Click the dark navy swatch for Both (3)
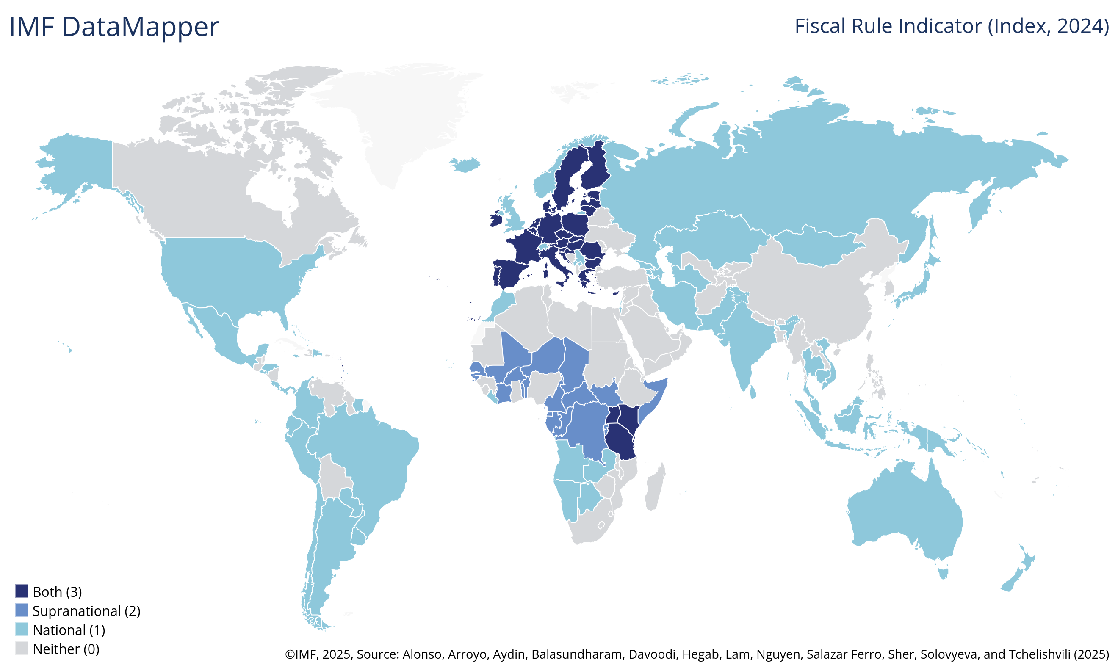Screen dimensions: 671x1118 click(21, 591)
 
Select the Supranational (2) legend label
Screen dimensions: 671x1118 click(86, 611)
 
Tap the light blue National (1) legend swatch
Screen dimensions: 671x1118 click(21, 630)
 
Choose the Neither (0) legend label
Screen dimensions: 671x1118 click(66, 649)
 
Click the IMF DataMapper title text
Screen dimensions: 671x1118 click(114, 26)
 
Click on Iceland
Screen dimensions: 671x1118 click(465, 165)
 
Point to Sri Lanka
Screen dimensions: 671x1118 click(753, 392)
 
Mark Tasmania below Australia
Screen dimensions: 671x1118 click(943, 573)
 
